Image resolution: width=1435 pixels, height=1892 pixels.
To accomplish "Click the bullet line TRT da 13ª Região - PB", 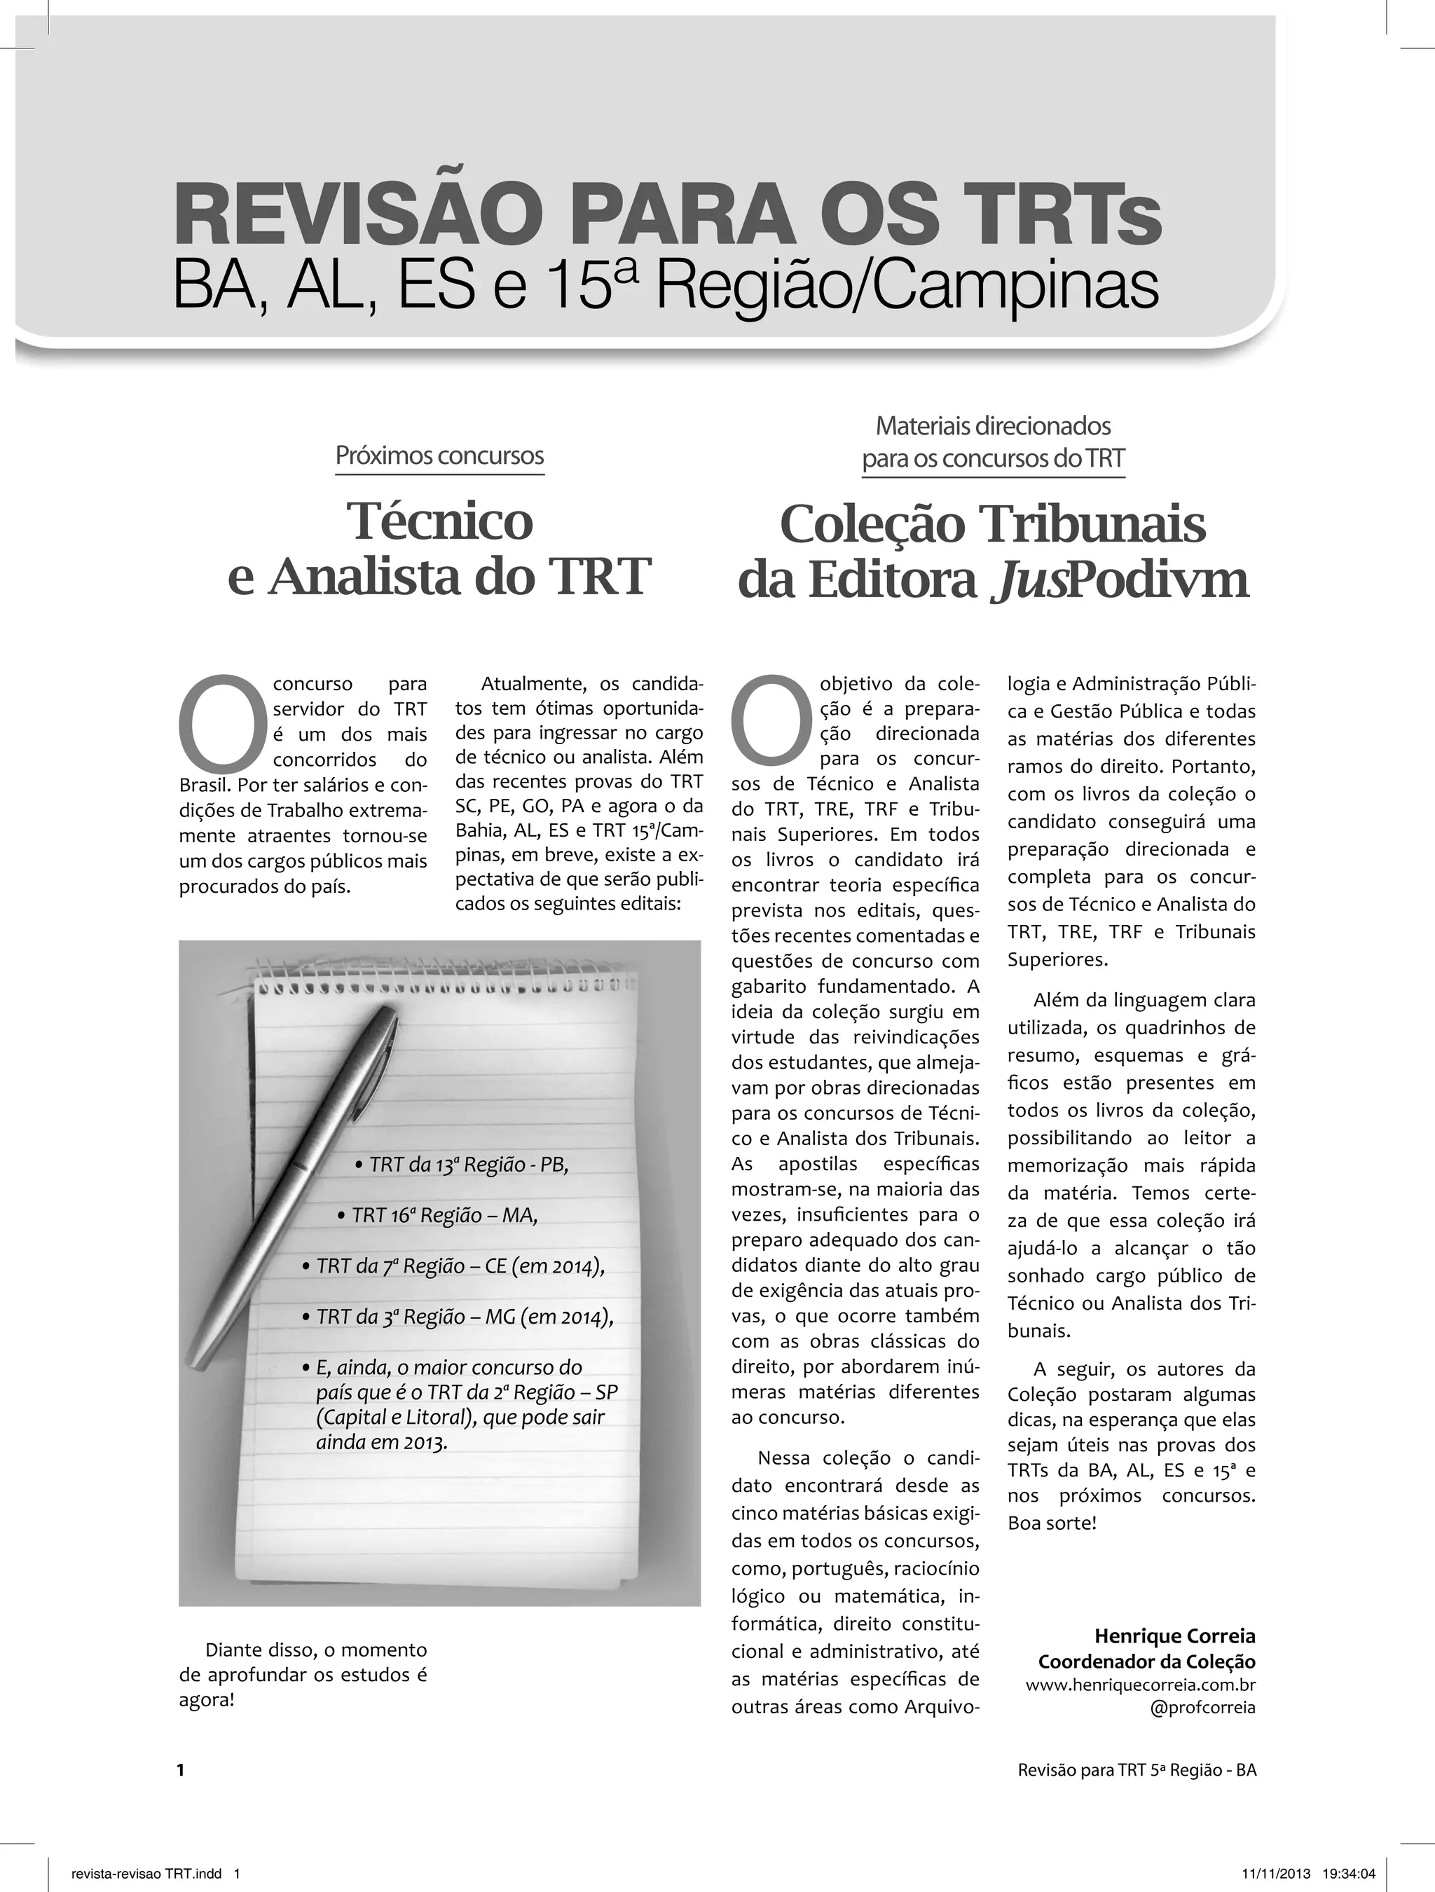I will tap(462, 1165).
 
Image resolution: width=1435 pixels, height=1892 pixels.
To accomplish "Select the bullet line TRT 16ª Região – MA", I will tap(438, 1215).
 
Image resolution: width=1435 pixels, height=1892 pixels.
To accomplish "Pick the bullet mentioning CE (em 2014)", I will tap(454, 1266).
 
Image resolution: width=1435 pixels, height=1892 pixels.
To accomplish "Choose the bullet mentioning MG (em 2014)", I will tap(458, 1317).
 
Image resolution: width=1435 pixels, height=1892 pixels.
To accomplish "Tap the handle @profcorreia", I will tap(1203, 1707).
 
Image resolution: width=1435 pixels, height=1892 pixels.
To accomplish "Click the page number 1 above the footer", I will tap(181, 1771).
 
